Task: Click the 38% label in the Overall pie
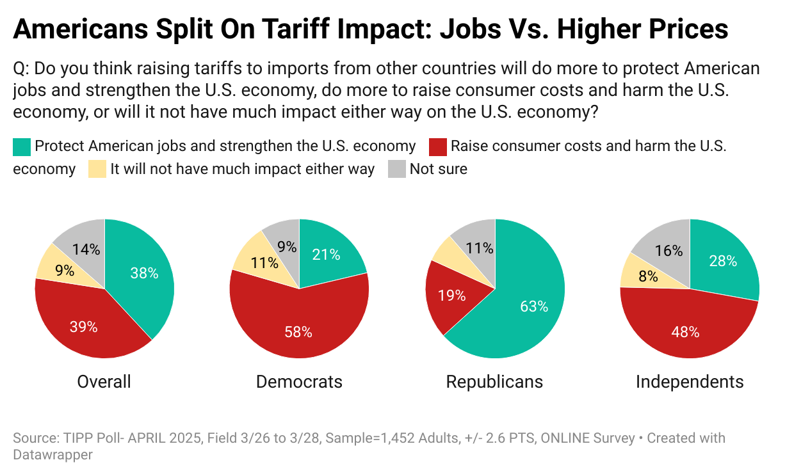click(144, 273)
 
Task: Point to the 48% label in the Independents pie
click(685, 331)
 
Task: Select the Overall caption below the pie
click(104, 382)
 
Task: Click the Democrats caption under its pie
click(299, 382)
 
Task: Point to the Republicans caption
click(494, 382)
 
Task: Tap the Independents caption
click(690, 382)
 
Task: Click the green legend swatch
click(21, 147)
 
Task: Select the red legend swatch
click(437, 147)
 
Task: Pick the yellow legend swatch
click(97, 170)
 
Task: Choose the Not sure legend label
click(439, 170)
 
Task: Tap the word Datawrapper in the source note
click(53, 455)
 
